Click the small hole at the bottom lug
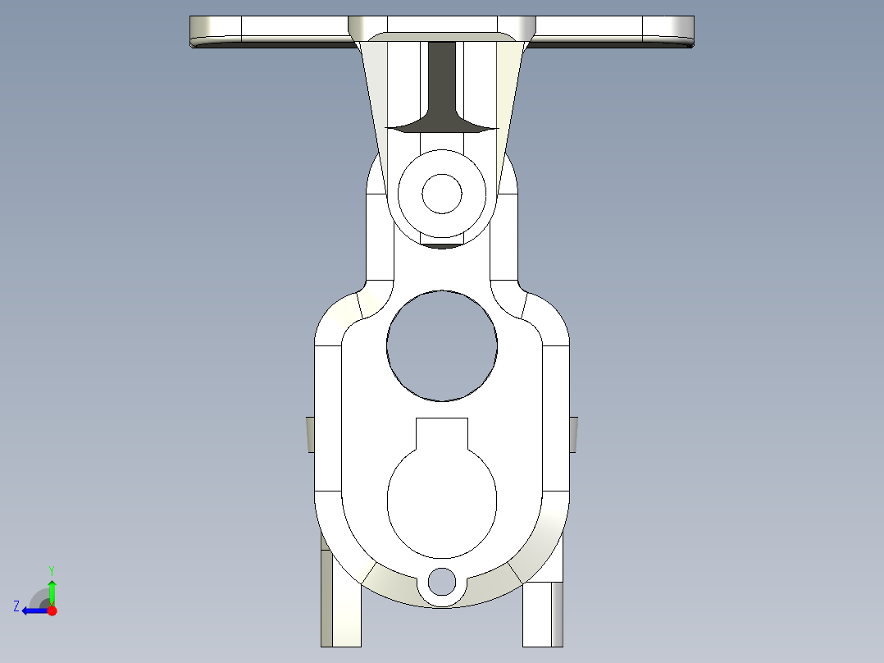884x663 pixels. [x=441, y=581]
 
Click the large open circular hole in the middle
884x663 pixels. [x=442, y=345]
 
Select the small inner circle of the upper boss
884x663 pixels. [x=442, y=194]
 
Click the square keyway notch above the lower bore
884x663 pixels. [x=442, y=432]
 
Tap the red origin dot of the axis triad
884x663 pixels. [x=52, y=610]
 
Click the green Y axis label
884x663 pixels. [x=51, y=569]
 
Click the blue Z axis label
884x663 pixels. [x=16, y=606]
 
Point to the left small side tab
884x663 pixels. [x=311, y=433]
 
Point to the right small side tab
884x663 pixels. [x=573, y=433]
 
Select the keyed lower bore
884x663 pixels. [x=442, y=501]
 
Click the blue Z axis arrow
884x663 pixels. [x=33, y=610]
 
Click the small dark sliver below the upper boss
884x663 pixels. [x=442, y=245]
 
